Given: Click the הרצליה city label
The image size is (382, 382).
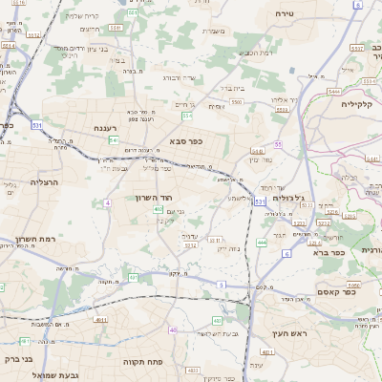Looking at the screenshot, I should (x=46, y=181).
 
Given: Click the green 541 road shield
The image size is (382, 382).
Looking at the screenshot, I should (x=113, y=140).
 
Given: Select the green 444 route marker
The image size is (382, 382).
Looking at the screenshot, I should (x=262, y=243).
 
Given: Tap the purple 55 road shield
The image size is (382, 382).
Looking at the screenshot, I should (x=278, y=144).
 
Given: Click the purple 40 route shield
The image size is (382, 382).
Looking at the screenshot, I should (x=173, y=329).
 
